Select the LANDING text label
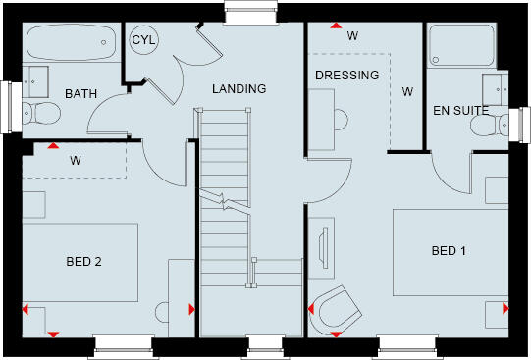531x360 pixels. tap(239, 89)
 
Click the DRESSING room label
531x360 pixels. tap(346, 75)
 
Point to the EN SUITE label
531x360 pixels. tap(461, 111)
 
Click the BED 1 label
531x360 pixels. tap(449, 251)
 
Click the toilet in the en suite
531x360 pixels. tap(502, 123)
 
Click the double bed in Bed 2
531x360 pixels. tap(80, 262)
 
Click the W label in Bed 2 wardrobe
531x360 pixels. tap(75, 159)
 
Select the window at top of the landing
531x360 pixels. tap(240, 10)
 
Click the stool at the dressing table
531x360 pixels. tap(340, 120)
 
